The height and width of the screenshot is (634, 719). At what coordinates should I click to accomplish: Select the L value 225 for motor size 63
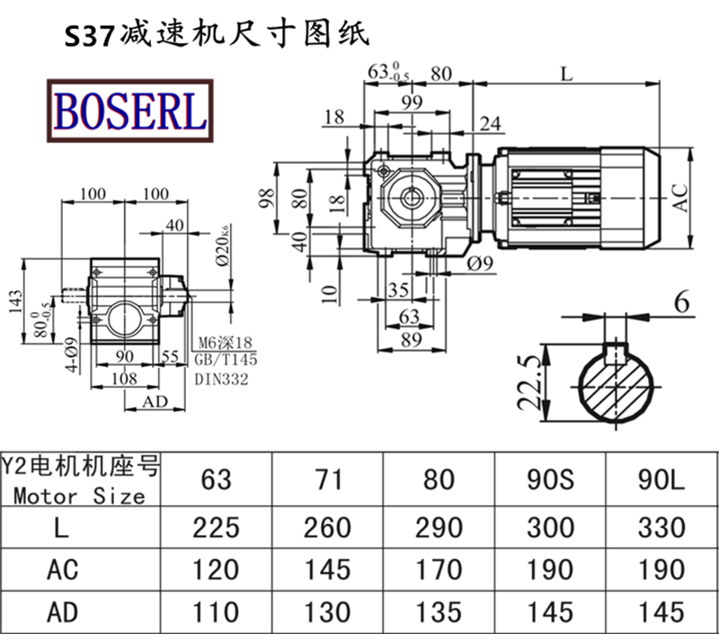[216, 527]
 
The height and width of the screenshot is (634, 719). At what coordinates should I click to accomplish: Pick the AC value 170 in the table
[439, 569]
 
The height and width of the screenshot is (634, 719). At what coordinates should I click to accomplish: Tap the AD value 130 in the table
[327, 612]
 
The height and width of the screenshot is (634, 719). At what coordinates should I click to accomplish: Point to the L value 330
[661, 527]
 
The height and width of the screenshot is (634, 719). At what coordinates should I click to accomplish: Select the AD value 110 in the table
[216, 612]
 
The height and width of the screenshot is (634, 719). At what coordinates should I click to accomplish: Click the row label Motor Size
[80, 496]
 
